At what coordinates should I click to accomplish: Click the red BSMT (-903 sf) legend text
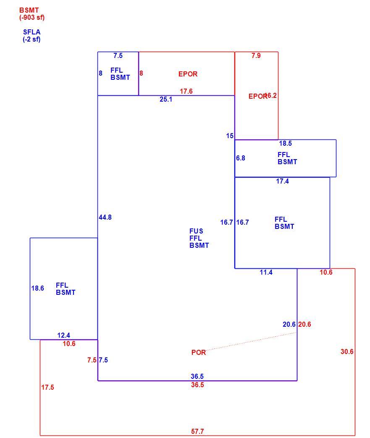click(x=32, y=14)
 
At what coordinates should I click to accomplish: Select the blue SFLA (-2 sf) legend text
click(x=31, y=36)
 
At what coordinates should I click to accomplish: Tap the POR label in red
click(x=199, y=352)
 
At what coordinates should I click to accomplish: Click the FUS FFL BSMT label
click(x=199, y=238)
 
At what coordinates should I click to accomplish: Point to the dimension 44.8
click(x=105, y=218)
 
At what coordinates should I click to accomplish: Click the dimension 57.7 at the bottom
click(x=197, y=431)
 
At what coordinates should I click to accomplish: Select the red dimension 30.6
click(x=347, y=351)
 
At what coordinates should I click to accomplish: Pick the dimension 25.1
click(x=166, y=99)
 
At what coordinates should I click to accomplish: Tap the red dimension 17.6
click(x=186, y=91)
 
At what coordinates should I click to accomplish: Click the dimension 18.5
click(x=285, y=143)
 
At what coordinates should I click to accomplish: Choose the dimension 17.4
click(x=283, y=181)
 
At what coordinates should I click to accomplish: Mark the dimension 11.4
click(x=266, y=273)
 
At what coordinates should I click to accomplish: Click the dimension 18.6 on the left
click(x=37, y=288)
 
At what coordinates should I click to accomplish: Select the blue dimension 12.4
click(x=64, y=335)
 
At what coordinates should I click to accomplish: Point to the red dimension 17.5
click(x=47, y=388)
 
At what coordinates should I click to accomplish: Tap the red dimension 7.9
click(x=256, y=55)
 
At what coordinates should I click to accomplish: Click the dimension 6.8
click(x=240, y=158)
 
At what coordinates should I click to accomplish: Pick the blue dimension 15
click(x=230, y=136)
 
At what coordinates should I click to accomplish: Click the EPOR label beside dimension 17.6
click(x=188, y=74)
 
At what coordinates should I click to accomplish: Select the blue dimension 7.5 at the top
click(x=118, y=55)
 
